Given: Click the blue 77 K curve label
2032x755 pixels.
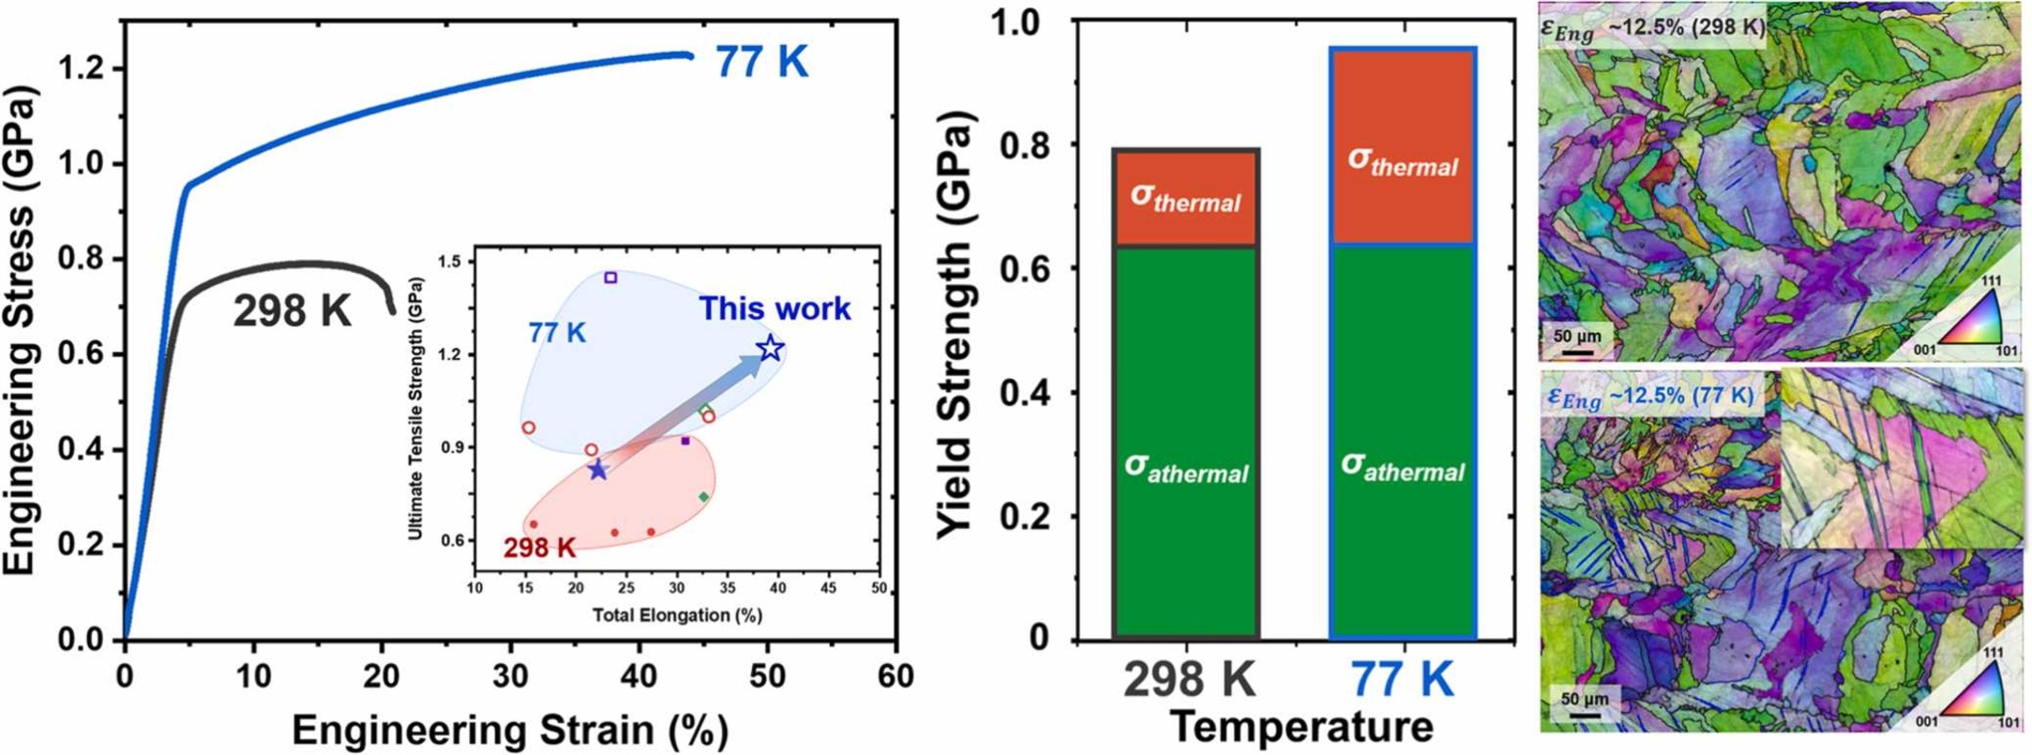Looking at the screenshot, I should tap(761, 62).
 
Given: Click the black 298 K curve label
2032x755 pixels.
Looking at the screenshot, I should tap(292, 310).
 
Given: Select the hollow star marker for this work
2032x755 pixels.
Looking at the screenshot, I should tap(770, 349).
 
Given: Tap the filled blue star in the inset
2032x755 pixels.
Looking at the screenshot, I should tap(598, 470).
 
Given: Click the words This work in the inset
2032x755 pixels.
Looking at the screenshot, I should tap(775, 309).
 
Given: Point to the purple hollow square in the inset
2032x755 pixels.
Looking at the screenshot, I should tap(611, 277).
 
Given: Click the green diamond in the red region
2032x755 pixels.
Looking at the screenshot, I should tap(703, 497).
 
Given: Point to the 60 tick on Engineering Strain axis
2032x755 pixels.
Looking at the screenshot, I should tap(895, 677).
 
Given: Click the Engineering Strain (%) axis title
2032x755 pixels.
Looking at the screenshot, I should tap(510, 730).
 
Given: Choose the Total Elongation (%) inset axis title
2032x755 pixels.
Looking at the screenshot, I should tap(677, 614).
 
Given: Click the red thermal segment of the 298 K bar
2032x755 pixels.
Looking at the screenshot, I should tap(1185, 197).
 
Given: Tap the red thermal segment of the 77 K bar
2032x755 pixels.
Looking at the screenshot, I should tap(1402, 147).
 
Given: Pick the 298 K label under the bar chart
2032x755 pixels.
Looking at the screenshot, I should tap(1188, 681).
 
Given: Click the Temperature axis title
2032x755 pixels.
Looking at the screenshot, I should tap(1302, 727).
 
